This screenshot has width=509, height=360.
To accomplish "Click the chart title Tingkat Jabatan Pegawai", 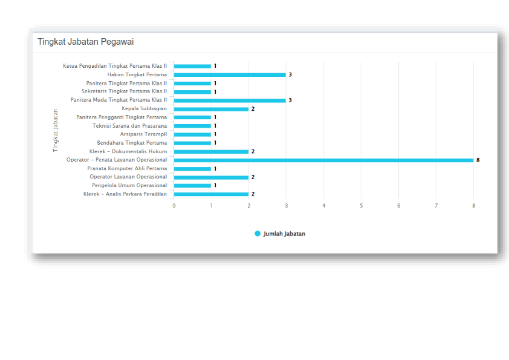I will pos(85,42).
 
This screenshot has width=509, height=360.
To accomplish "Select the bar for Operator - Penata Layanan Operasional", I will pos(323,160).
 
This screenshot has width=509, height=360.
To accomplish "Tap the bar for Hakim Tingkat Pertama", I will pos(230,75).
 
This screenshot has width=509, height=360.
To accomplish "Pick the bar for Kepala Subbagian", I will pos(211,109).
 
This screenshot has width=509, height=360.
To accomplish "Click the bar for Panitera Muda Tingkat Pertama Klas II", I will pos(230,100).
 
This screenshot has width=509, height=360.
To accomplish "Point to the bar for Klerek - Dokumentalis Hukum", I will pos(211,151).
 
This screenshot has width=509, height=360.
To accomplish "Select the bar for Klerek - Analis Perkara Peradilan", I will pos(211,194).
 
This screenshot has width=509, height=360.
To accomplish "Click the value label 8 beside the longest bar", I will pos(478,160).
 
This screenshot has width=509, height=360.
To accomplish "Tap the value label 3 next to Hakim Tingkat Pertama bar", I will pos(290,75).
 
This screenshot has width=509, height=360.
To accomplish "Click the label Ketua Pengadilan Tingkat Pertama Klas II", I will pos(114,66).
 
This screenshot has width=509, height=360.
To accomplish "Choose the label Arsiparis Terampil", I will pos(143,134).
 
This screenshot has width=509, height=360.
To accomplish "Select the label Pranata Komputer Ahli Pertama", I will pos(127,169).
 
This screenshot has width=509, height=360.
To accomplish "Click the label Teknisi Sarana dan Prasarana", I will pos(129,126).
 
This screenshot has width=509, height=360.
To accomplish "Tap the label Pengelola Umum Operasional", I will pos(129,186).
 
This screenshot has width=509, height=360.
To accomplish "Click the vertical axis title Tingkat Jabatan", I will pos(56,130).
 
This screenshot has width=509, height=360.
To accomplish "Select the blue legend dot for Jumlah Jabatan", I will pos(258,234).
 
